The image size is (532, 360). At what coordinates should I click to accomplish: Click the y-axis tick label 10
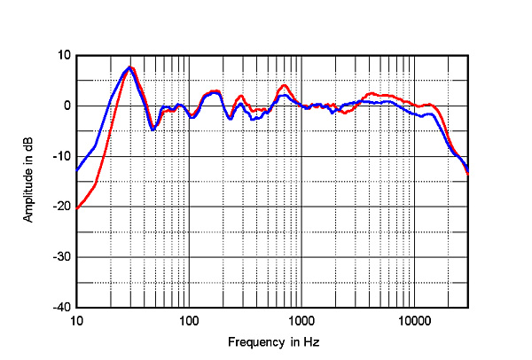click(x=63, y=55)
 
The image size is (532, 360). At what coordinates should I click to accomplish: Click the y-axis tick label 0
click(x=66, y=106)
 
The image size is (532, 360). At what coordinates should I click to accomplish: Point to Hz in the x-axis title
click(x=311, y=342)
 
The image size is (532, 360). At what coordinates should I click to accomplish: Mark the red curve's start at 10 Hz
click(x=77, y=209)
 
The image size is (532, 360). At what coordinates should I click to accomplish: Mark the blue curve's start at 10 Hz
click(x=77, y=169)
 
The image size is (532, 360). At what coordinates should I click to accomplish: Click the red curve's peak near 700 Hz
click(x=284, y=85)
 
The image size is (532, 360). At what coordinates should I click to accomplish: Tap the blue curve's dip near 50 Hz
click(x=153, y=129)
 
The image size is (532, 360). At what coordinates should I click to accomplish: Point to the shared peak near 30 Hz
click(x=130, y=67)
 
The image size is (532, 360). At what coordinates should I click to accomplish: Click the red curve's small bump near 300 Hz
click(x=240, y=96)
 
